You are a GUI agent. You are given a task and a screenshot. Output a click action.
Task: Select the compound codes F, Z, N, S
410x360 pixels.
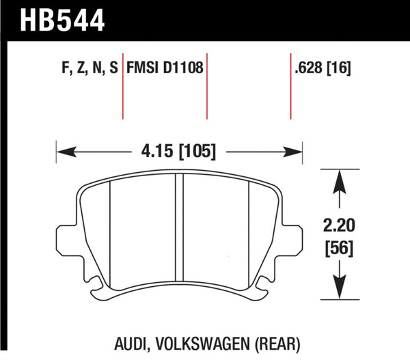pyautogui.click(x=84, y=68)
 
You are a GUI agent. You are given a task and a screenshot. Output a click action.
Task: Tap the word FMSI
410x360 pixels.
pyautogui.click(x=142, y=68)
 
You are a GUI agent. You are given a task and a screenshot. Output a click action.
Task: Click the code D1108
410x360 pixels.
pyautogui.click(x=182, y=68)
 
